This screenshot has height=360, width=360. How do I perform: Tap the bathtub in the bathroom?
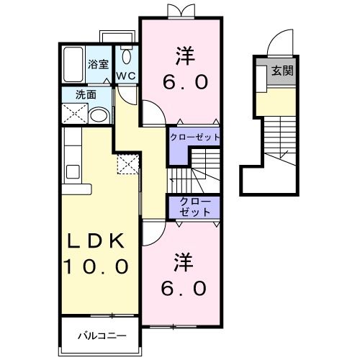[x=73, y=65]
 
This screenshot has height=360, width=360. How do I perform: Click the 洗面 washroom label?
[x=88, y=94]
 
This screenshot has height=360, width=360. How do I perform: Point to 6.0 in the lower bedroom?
[x=186, y=288]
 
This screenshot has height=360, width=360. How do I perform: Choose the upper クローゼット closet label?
[x=194, y=137]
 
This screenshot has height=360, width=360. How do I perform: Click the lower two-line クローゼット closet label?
[x=194, y=207]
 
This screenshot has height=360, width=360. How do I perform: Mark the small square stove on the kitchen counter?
[x=73, y=172]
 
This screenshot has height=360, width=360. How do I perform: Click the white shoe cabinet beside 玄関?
[x=260, y=75]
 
